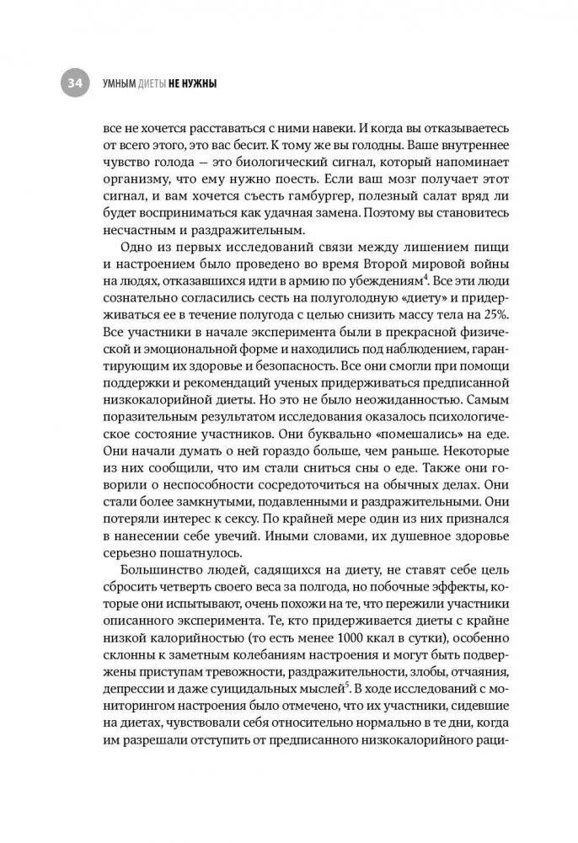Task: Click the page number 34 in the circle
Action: tap(73, 83)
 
